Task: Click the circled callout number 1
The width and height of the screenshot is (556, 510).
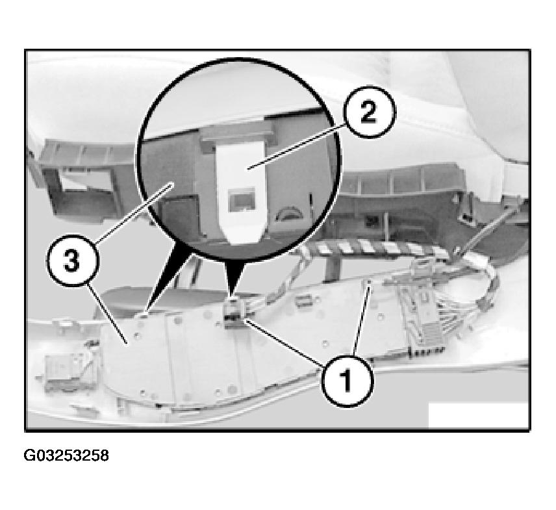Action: coord(347,380)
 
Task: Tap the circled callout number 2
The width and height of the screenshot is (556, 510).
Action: coord(370,112)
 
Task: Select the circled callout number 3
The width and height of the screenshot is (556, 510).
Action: coord(72,262)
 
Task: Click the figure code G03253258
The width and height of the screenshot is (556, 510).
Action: coord(66,455)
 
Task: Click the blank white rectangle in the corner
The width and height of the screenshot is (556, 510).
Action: coord(478,415)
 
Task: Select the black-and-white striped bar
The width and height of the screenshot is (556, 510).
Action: coord(376,247)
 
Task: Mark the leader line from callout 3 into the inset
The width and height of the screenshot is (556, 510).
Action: coord(134,213)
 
